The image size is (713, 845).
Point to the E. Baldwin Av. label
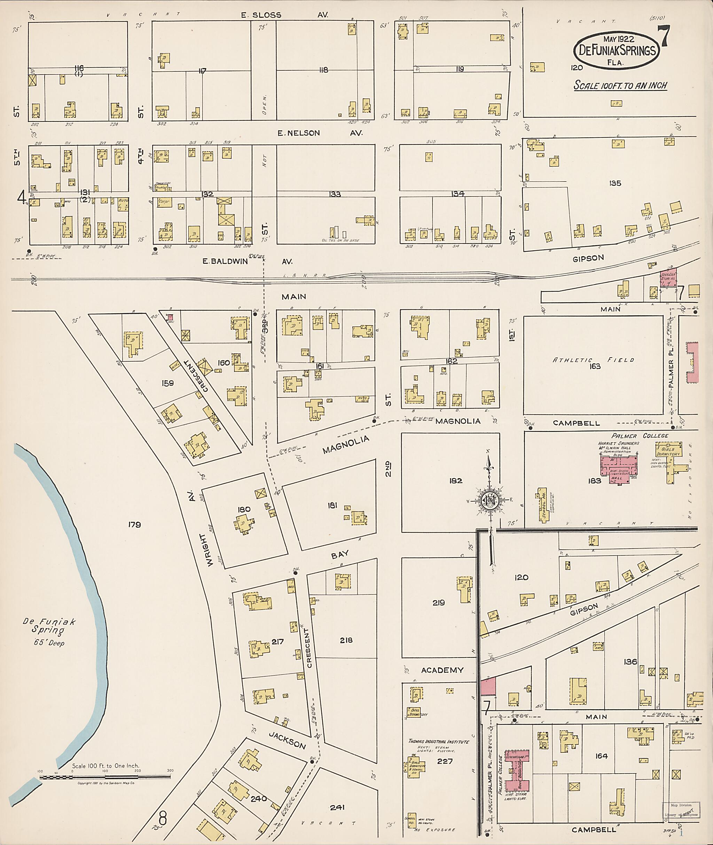click(x=246, y=261)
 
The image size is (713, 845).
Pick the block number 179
click(x=135, y=525)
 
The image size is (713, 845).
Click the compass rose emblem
click(x=489, y=501)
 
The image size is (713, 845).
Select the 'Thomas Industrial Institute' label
click(x=439, y=742)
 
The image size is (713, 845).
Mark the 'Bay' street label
click(x=340, y=555)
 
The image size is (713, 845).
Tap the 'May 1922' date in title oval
click(x=618, y=40)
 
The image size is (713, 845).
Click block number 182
click(x=455, y=481)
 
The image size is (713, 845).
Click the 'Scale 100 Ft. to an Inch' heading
click(x=620, y=86)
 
